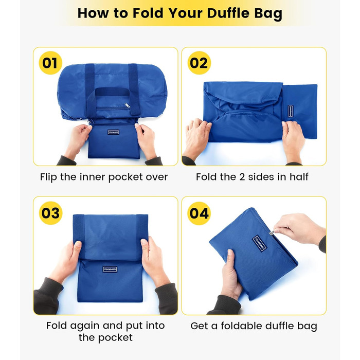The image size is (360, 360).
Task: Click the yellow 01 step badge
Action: point(50,63)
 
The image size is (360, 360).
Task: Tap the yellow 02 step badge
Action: point(199,63)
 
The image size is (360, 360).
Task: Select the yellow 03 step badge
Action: point(50,213)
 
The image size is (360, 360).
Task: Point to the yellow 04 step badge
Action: point(199,213)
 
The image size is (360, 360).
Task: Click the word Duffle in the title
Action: point(228,13)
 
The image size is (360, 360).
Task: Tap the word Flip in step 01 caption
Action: point(48,177)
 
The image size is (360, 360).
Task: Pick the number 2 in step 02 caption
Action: point(242,177)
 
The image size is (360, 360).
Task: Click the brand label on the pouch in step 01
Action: point(114,132)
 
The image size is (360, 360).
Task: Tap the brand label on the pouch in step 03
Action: point(110,269)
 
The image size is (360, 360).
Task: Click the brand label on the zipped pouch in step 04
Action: point(259,243)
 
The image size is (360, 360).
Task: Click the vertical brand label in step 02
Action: point(291,111)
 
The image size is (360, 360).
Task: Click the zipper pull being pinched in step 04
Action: point(272,233)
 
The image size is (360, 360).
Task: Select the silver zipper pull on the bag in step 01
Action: point(127,105)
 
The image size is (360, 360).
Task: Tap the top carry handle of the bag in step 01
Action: point(112,92)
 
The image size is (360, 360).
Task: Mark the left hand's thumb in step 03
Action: point(77,247)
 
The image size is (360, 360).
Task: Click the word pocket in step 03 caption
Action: point(115,338)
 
